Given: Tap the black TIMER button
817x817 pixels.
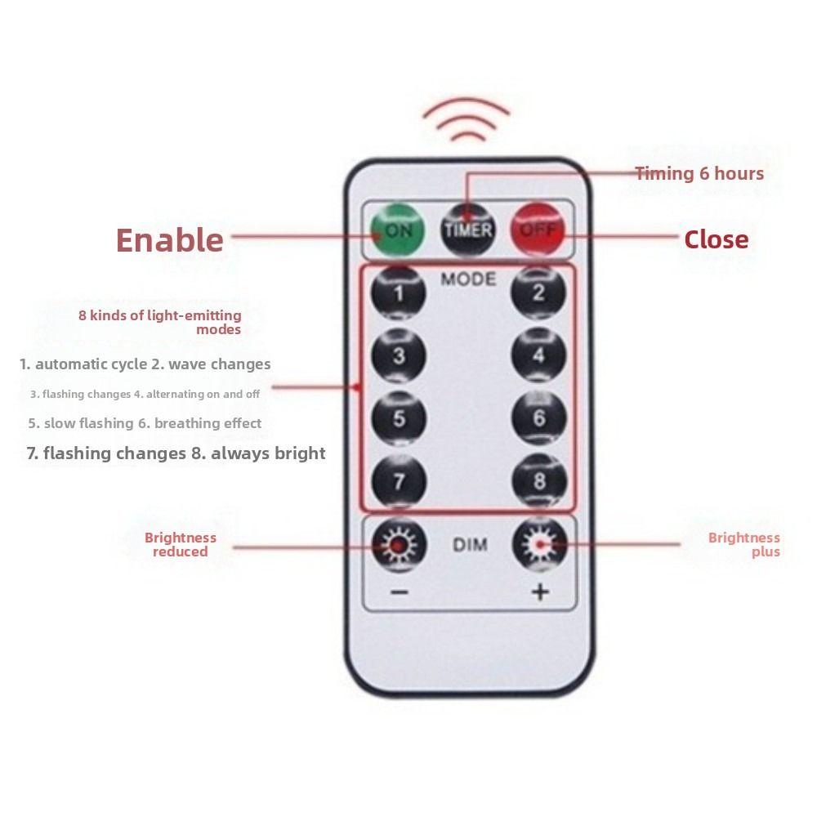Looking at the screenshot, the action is [x=467, y=230].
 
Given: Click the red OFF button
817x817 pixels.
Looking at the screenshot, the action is [x=538, y=230].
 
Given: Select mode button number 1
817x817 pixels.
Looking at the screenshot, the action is [x=398, y=292].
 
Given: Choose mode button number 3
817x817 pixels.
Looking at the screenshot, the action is [x=399, y=355].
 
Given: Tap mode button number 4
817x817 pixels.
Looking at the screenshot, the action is [x=538, y=355].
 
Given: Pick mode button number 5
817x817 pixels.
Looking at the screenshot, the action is [x=399, y=417].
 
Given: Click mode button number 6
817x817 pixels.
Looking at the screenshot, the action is [x=538, y=417].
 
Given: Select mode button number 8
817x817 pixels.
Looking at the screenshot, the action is [x=539, y=480].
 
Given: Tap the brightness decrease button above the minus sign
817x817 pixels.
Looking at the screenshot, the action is [x=400, y=544].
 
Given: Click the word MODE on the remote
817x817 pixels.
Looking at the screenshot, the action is [x=468, y=279].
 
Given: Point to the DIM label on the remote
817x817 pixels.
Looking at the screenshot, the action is [x=470, y=545].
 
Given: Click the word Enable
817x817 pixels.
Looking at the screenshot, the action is [x=169, y=240].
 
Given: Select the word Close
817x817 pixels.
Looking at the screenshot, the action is [x=717, y=239].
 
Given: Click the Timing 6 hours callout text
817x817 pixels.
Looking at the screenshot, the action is [x=699, y=173].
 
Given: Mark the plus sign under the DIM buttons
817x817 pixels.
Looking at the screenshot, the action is [x=540, y=592].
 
